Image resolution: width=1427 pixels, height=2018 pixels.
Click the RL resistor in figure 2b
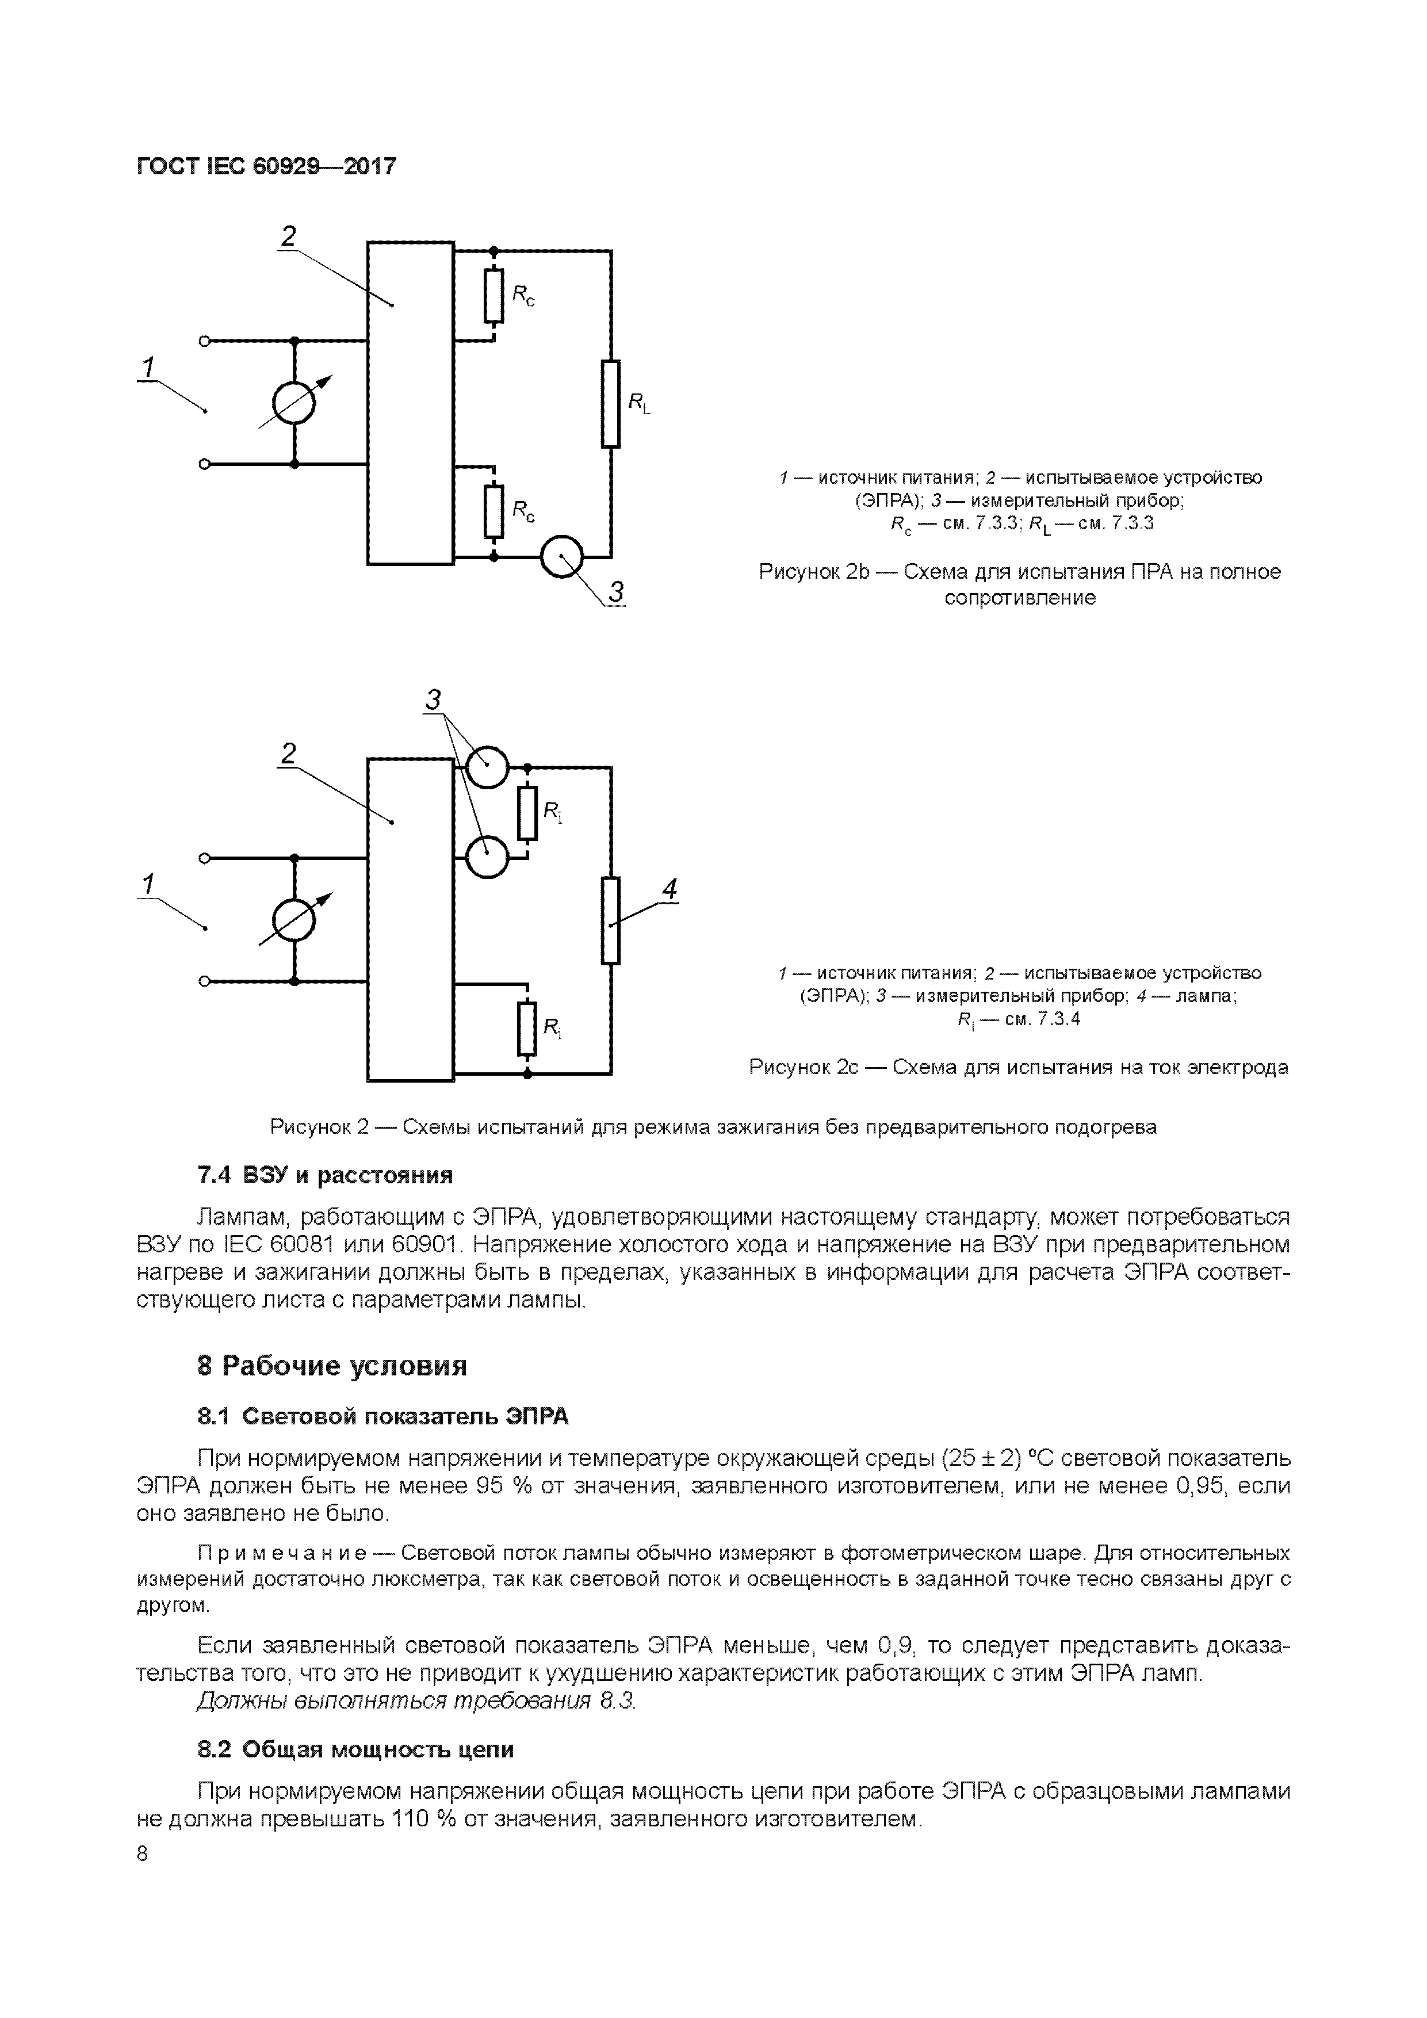[611, 403]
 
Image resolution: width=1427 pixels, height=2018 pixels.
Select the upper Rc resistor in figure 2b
[494, 296]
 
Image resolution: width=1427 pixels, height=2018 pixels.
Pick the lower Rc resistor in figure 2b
[494, 511]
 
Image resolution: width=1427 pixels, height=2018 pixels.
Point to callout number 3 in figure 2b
[617, 593]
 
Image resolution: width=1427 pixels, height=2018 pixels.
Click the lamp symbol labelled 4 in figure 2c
[611, 920]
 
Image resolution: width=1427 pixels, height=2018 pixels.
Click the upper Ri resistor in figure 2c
[527, 813]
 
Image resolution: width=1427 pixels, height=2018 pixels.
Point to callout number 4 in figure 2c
[669, 889]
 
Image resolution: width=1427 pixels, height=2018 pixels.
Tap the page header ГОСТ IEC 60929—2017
[267, 165]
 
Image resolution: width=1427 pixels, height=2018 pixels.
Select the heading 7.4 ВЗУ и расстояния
[325, 1175]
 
